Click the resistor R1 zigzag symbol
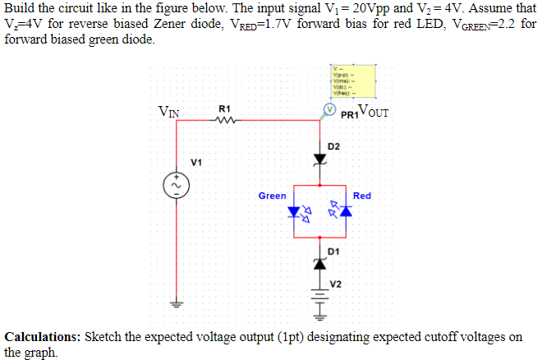(225, 122)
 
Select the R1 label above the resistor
(225, 108)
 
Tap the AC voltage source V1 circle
(173, 186)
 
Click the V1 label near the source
(196, 162)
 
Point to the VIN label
(171, 112)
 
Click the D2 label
(333, 146)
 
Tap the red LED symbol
(345, 211)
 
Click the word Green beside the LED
(272, 196)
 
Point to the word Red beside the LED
(362, 196)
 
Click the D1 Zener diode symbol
(320, 263)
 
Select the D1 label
(333, 250)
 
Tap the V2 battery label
(336, 284)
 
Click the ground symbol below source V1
(173, 301)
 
